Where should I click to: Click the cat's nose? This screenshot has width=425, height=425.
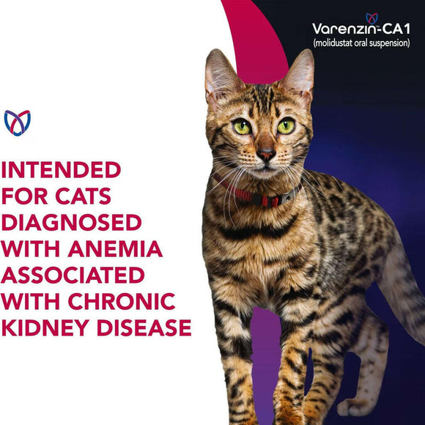click(x=266, y=155)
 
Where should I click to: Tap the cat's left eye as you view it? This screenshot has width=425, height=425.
click(x=242, y=127)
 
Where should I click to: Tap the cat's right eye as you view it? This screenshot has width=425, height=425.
click(x=286, y=126)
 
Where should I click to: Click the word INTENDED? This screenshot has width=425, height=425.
click(x=61, y=170)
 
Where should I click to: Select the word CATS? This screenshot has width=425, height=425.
click(x=83, y=196)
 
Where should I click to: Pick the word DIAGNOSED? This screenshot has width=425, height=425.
click(x=71, y=222)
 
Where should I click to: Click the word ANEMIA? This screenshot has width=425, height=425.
click(x=115, y=248)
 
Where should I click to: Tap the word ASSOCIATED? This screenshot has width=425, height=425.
click(x=73, y=275)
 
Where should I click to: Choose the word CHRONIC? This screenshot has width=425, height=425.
click(x=122, y=301)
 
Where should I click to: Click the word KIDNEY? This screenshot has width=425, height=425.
click(x=45, y=328)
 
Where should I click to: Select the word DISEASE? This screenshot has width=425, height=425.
click(x=144, y=328)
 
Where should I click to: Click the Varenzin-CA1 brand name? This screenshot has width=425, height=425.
click(x=361, y=29)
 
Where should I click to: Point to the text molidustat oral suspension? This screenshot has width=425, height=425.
click(x=361, y=43)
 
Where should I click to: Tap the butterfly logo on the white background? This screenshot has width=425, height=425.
click(x=18, y=123)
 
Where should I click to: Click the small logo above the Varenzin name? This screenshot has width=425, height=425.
click(x=372, y=18)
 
